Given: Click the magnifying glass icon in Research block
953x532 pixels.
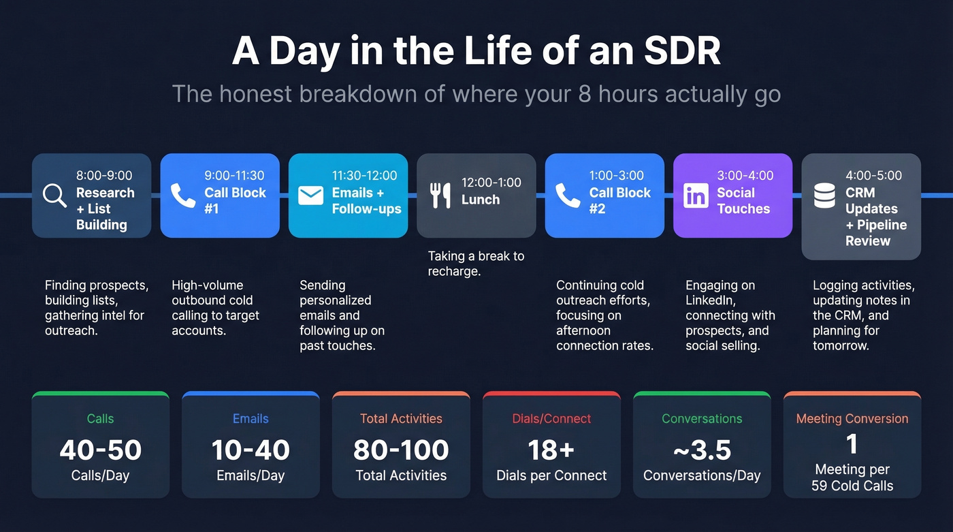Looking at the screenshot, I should pos(54,195).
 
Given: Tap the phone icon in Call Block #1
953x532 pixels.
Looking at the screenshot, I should pos(182,195).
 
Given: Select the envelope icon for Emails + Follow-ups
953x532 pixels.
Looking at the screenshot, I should pos(310,195).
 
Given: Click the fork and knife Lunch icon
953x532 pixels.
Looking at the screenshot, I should pos(440,195).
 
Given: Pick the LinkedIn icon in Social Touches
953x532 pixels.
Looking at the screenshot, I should pos(696,195).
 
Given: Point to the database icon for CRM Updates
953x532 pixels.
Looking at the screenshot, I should pos(824,195).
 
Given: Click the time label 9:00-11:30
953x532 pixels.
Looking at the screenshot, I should pos(234,175).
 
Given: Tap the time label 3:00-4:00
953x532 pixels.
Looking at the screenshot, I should pos(745,175).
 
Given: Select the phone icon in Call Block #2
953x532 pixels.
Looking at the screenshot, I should pos(567,195).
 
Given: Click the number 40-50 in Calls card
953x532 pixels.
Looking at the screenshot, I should pos(100,450).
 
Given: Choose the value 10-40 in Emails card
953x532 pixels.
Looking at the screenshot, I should pos(251,450).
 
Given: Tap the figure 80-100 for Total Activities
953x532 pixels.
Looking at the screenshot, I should pos(401,450).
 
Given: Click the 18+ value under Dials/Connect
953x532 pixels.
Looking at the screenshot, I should pos(551,450).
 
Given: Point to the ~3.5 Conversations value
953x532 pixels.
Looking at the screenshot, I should pos(702,450).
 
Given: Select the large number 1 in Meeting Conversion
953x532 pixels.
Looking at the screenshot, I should pos(852,445).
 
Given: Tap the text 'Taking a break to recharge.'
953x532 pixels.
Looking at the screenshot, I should pos(476,264).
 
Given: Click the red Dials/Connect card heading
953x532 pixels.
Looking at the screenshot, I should pos(551,419).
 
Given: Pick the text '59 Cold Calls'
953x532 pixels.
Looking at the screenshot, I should pos(852,486).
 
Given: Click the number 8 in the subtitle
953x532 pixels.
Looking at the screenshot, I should pos(587,93).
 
